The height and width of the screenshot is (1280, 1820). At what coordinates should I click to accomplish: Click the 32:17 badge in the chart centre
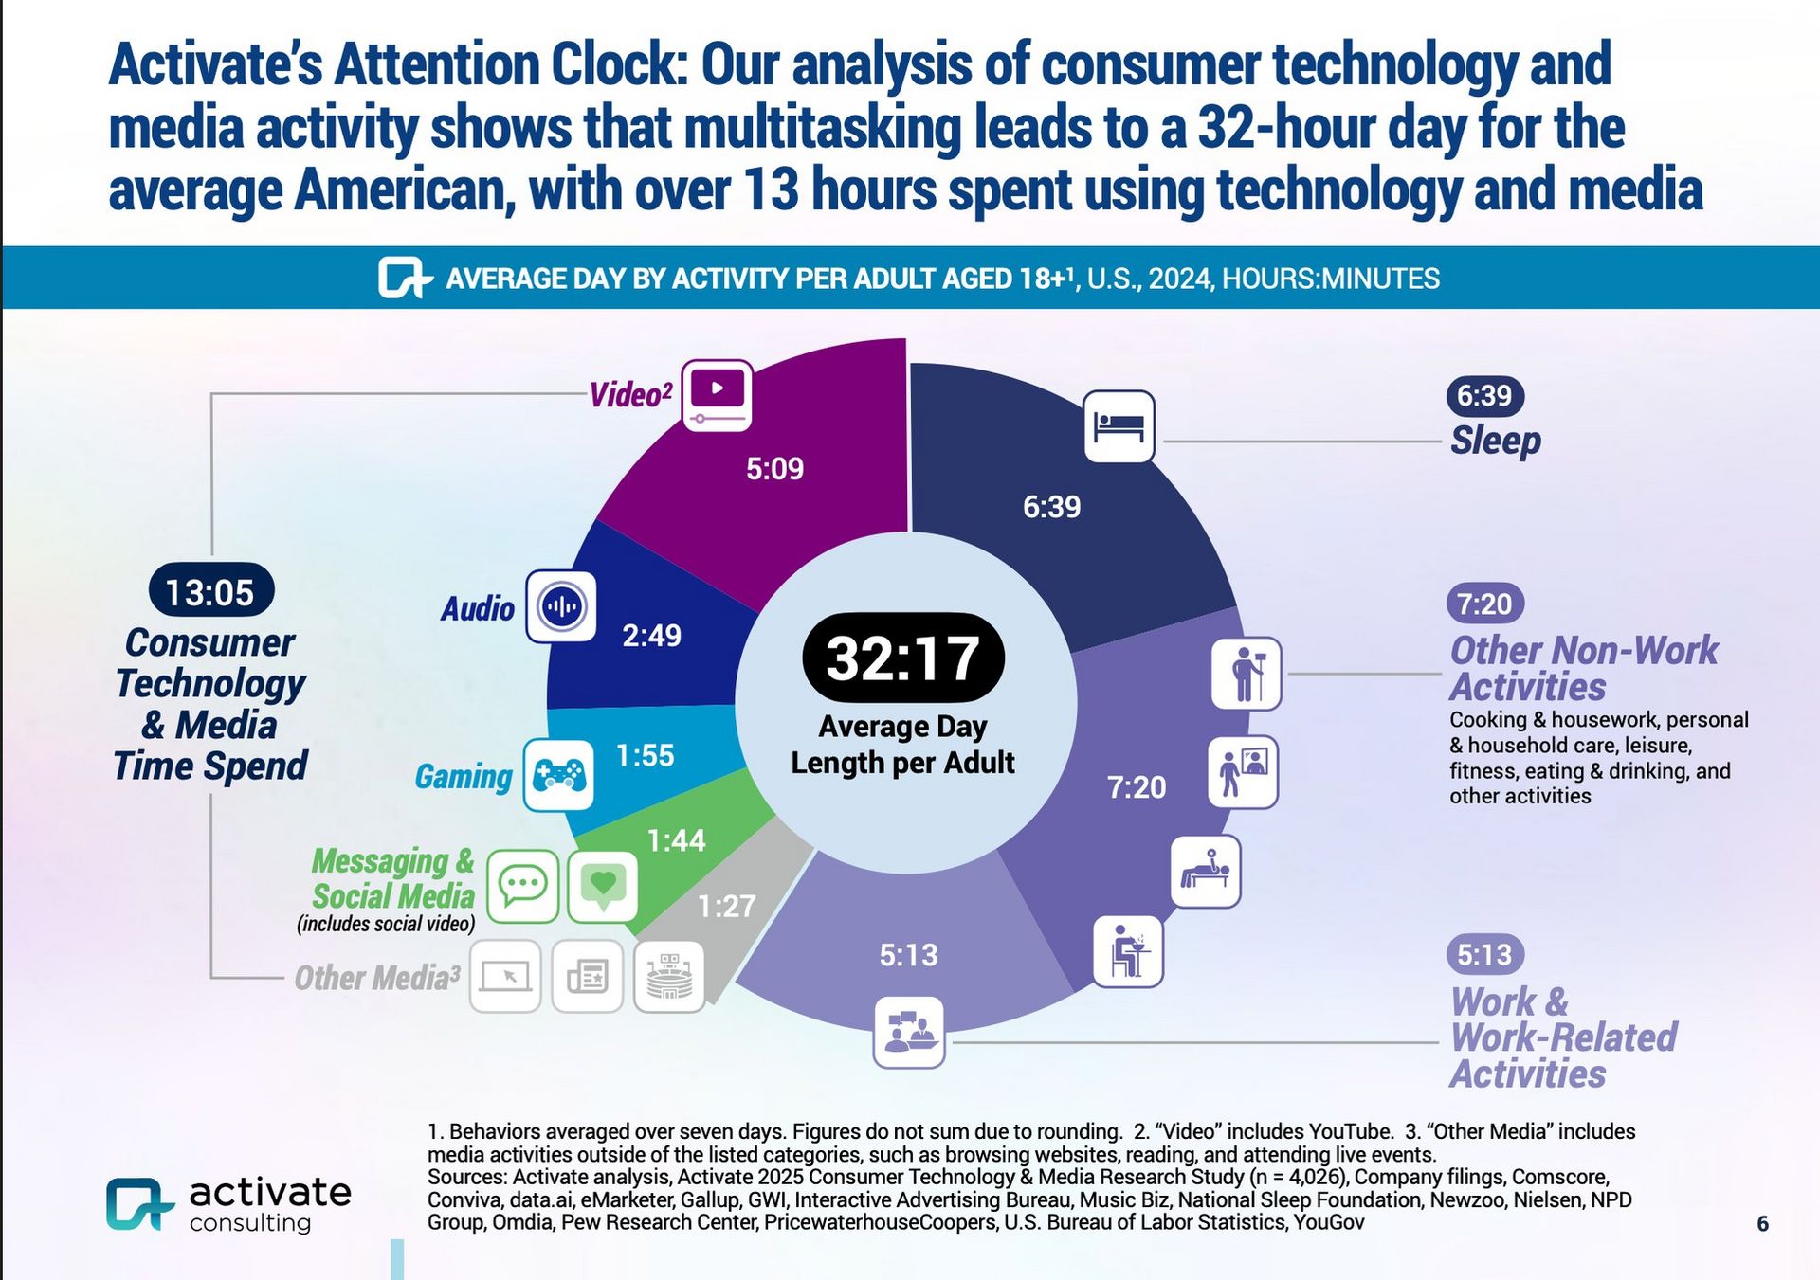pos(902,658)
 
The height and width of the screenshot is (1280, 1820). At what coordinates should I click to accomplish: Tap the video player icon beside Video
pos(717,395)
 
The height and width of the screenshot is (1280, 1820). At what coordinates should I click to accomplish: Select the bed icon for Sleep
pos(1119,426)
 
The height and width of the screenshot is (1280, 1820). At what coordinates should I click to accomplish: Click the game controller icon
pos(559,775)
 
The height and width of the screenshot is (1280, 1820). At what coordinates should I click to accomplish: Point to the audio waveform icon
pos(561,606)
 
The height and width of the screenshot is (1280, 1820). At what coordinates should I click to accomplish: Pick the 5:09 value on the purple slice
pos(774,468)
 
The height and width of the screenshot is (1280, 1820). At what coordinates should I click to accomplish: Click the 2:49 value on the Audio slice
pos(651,635)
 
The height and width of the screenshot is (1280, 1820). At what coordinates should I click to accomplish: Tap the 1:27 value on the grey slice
pos(726,907)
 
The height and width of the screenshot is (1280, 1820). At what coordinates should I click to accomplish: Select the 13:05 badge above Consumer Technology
pos(210,591)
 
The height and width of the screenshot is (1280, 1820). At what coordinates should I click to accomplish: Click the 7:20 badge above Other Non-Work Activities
pos(1484,604)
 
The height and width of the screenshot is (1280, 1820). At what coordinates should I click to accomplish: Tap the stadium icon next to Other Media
pos(669,977)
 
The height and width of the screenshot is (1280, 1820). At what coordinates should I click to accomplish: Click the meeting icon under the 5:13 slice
pos(908,1032)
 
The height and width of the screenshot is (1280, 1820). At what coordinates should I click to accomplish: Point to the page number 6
pos(1762,1223)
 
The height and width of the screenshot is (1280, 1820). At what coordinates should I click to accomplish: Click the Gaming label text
pos(463,777)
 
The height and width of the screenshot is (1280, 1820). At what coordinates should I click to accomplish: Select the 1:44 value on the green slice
pos(676,840)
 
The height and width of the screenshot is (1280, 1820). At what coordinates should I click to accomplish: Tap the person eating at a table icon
pos(1128,951)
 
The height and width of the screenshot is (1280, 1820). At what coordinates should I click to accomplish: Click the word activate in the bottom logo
pos(270,1192)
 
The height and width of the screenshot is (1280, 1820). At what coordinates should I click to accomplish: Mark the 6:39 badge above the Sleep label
pos(1484,395)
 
